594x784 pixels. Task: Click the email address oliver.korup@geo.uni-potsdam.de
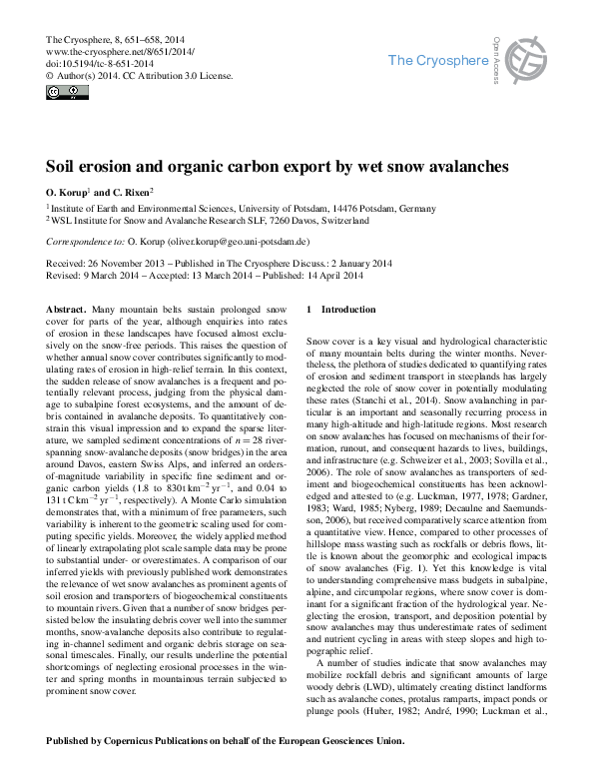(246, 242)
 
